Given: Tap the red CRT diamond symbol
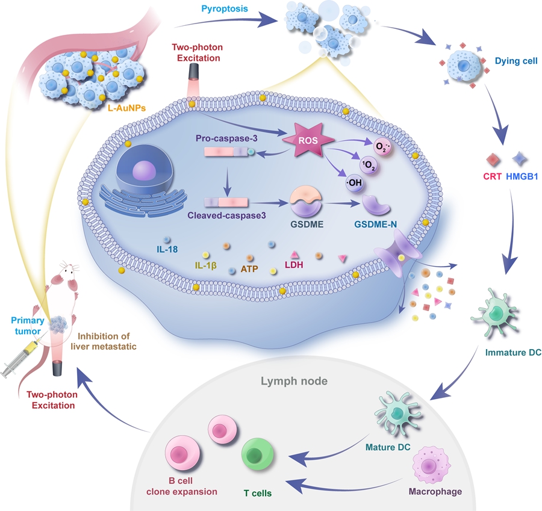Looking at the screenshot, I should tap(493, 159).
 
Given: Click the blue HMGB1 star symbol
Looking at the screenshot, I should tap(519, 159).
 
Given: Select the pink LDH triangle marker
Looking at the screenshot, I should tap(295, 254).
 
